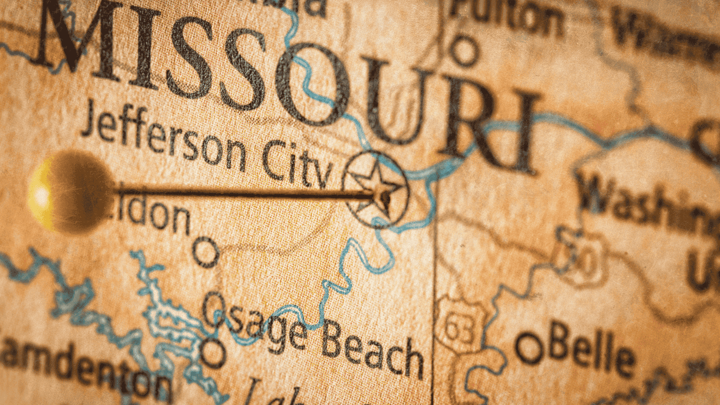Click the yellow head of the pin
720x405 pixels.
[67, 191]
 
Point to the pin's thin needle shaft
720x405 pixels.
[243, 194]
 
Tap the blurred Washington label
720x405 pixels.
[648, 202]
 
